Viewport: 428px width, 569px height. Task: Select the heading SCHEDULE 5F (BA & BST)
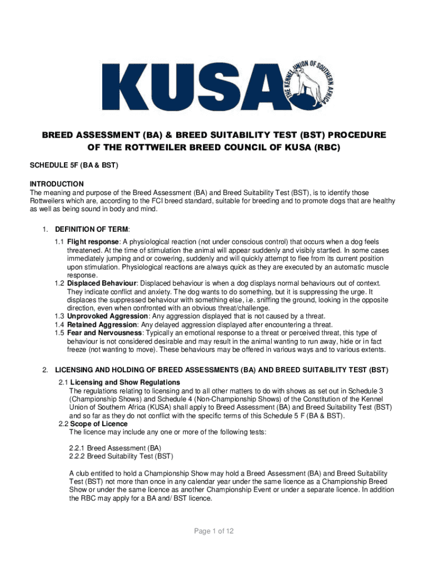tap(67, 166)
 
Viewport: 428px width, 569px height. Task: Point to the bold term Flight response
tap(93, 242)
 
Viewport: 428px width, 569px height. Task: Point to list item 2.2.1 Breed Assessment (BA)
tap(115, 448)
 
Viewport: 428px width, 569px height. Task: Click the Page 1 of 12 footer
tap(213, 531)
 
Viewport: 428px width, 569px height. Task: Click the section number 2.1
tap(63, 382)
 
